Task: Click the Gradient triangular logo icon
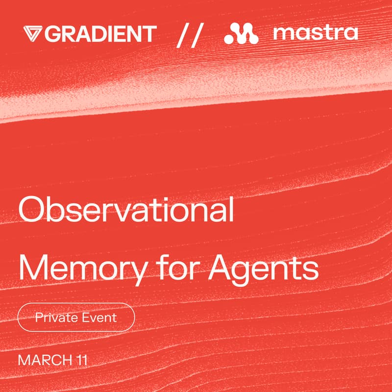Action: point(33,34)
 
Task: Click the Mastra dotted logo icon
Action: point(241,34)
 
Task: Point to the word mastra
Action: point(316,34)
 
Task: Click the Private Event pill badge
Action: point(76,318)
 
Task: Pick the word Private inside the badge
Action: point(55,318)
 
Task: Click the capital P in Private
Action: point(38,318)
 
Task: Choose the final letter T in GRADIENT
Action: point(150,34)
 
